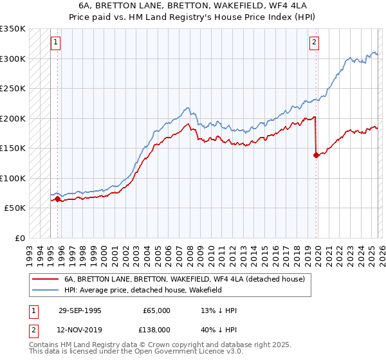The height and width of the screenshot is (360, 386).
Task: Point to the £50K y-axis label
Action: pos(14,208)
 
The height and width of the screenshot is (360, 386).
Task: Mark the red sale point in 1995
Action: pos(58,199)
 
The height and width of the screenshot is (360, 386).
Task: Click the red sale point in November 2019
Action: pos(316,155)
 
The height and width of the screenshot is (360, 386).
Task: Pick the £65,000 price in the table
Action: pos(156,310)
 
